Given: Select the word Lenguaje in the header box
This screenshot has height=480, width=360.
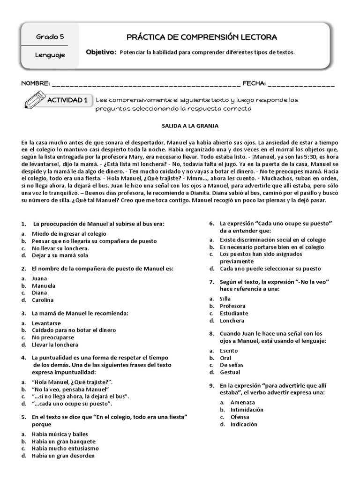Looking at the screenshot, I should coord(50,55).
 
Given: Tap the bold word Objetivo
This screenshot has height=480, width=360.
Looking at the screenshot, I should coord(101,52).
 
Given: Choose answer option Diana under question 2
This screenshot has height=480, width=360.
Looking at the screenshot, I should coord(40,292).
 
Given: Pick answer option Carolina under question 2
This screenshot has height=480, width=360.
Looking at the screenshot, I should coord(43,300).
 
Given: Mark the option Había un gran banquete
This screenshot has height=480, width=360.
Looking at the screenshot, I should coord(63,441).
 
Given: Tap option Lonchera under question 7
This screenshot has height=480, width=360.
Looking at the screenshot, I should coord(232,321).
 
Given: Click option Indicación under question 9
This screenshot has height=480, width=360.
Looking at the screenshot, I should coord(244,424).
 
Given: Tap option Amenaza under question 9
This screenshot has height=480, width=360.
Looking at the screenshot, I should coord(243,402).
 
